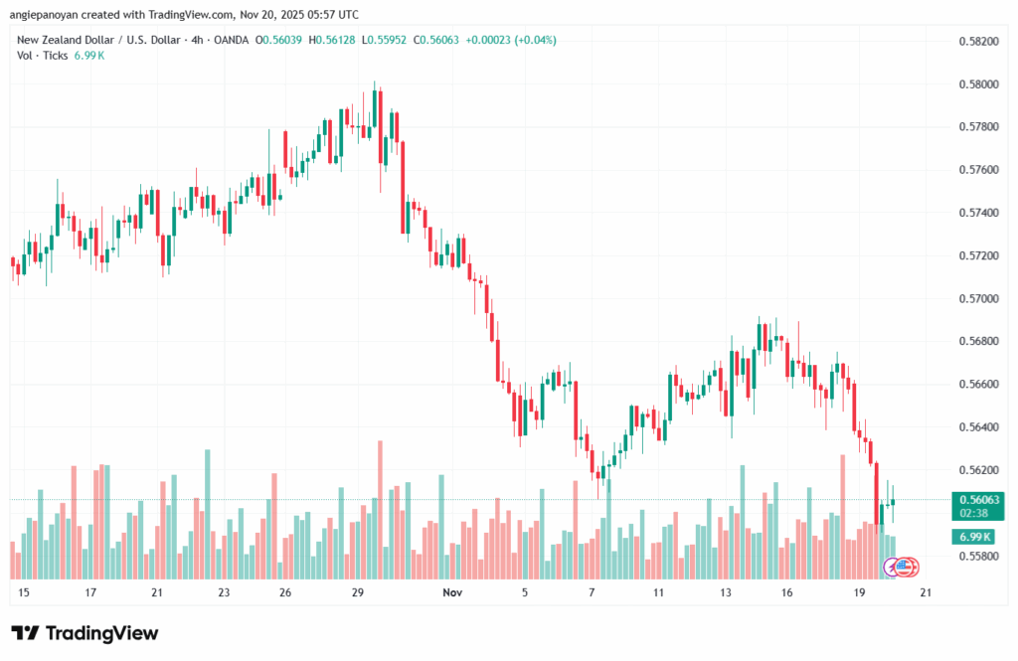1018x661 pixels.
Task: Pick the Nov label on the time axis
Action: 453,592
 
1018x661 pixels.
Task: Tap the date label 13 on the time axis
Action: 727,592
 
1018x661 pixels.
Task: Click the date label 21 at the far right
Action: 926,592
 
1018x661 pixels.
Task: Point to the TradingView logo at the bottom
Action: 85,633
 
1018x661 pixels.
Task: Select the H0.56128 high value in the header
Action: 335,40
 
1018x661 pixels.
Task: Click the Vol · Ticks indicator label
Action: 43,56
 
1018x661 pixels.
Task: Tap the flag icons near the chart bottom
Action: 902,568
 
